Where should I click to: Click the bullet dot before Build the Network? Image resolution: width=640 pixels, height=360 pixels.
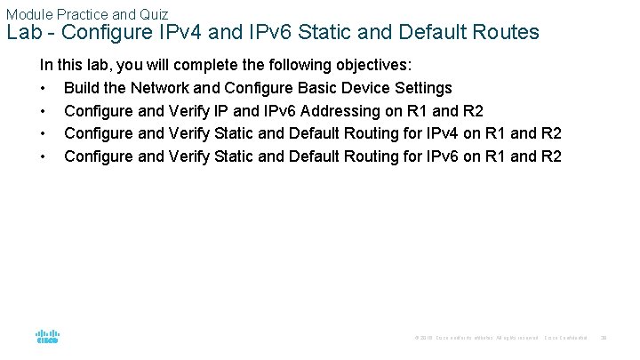coord(43,88)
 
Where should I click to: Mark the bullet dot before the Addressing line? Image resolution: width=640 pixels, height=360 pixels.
coord(43,111)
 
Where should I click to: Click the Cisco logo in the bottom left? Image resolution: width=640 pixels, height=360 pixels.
coord(47,336)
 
